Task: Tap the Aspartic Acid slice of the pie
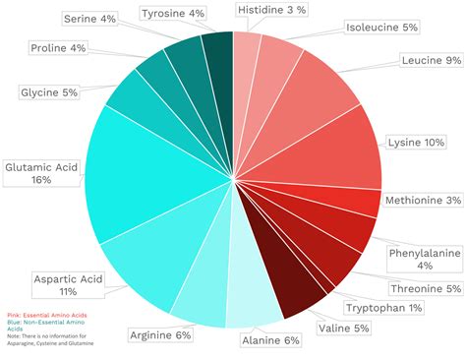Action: (x=147, y=261)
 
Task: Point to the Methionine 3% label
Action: (x=423, y=201)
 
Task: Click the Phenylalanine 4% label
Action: (x=424, y=259)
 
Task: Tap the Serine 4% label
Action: (x=89, y=19)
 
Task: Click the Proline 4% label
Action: (x=58, y=47)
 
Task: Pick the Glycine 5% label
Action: (x=49, y=92)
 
